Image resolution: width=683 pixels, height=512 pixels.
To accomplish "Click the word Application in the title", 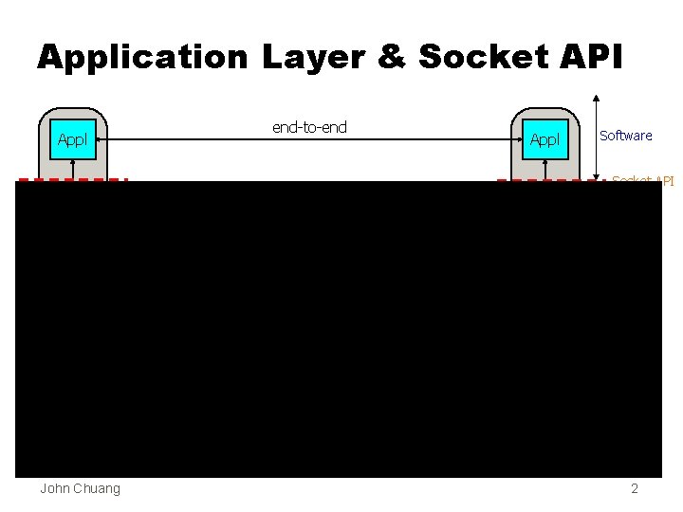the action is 141,58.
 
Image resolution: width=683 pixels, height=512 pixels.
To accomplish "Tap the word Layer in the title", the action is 313,58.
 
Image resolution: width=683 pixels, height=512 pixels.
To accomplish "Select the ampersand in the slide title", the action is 392,58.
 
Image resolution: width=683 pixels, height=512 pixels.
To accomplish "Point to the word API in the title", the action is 591,58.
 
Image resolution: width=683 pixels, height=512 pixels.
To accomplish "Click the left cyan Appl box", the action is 72,140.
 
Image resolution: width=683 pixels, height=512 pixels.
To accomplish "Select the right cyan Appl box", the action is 545,140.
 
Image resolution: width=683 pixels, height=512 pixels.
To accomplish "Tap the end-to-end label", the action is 309,127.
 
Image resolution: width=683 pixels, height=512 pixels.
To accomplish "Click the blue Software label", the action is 626,136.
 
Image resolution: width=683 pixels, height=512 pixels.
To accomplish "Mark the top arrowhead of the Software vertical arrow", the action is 596,96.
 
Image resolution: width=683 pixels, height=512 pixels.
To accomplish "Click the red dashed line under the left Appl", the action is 72,179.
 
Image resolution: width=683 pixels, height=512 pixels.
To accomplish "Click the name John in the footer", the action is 55,488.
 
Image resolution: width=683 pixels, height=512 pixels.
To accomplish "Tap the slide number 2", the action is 635,488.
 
